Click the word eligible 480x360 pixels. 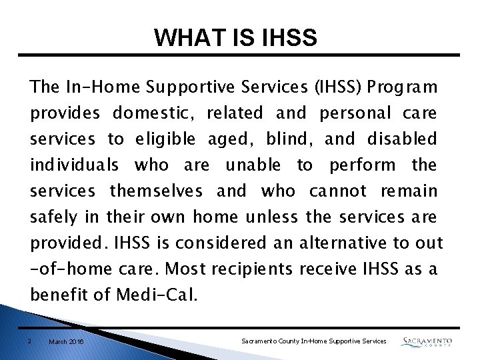coord(166,139)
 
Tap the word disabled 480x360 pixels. coord(402,139)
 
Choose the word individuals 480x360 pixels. coord(75,165)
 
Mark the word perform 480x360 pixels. coord(363,165)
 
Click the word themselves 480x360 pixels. coord(156,191)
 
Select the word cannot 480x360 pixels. coord(337,191)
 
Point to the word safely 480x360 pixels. coord(53,217)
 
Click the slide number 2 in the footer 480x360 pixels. coord(30,341)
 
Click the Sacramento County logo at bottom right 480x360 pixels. coord(427,341)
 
